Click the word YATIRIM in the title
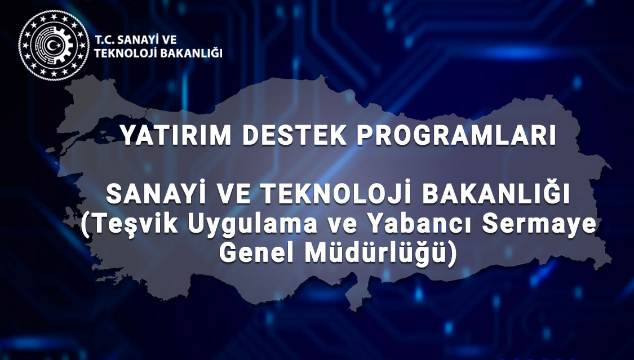coord(176,135)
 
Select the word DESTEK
coord(294,135)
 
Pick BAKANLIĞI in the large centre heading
coord(496,193)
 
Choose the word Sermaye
coord(539,225)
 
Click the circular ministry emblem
coord(54,45)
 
